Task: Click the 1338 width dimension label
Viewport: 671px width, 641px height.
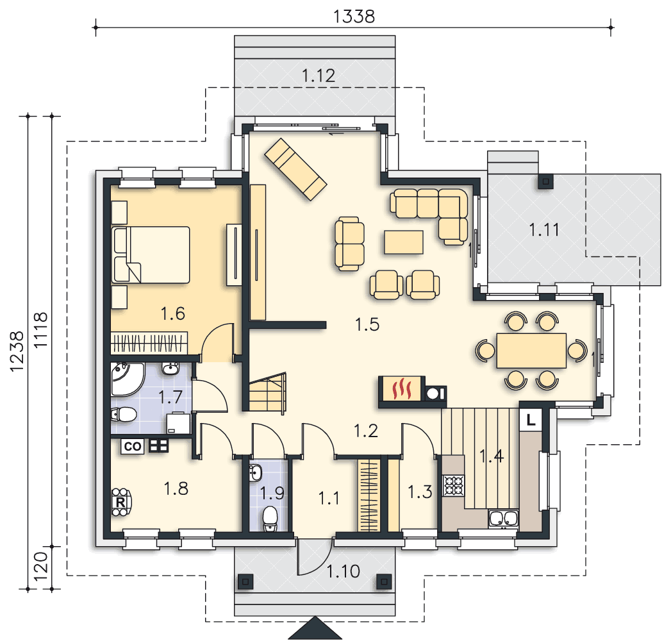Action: click(x=354, y=17)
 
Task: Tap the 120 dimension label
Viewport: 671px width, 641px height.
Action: click(x=40, y=566)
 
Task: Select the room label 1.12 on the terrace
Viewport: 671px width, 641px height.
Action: click(x=319, y=76)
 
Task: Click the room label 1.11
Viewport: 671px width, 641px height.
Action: click(x=544, y=230)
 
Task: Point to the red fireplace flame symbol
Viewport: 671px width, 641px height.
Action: click(x=402, y=388)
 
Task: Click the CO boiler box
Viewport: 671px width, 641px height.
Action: click(x=132, y=446)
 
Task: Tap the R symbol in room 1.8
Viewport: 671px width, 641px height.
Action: click(x=120, y=502)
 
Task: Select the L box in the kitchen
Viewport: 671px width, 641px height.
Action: click(x=531, y=420)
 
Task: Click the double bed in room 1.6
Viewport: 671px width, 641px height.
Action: click(x=151, y=255)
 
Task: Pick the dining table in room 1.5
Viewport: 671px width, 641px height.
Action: click(x=531, y=351)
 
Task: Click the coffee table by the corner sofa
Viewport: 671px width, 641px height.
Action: click(x=404, y=242)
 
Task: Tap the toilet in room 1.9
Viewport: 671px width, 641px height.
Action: click(x=270, y=518)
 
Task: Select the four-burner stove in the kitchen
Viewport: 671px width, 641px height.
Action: click(x=454, y=485)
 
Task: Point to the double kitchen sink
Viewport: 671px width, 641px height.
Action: click(x=503, y=518)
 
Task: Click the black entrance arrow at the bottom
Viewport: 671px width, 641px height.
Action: click(x=315, y=628)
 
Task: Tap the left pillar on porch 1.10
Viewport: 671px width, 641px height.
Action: click(x=245, y=581)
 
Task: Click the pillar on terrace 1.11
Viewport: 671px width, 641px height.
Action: click(x=545, y=181)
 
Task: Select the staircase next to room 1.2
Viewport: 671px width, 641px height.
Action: click(x=267, y=393)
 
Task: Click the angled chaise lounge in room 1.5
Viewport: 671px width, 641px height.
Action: click(x=295, y=169)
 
